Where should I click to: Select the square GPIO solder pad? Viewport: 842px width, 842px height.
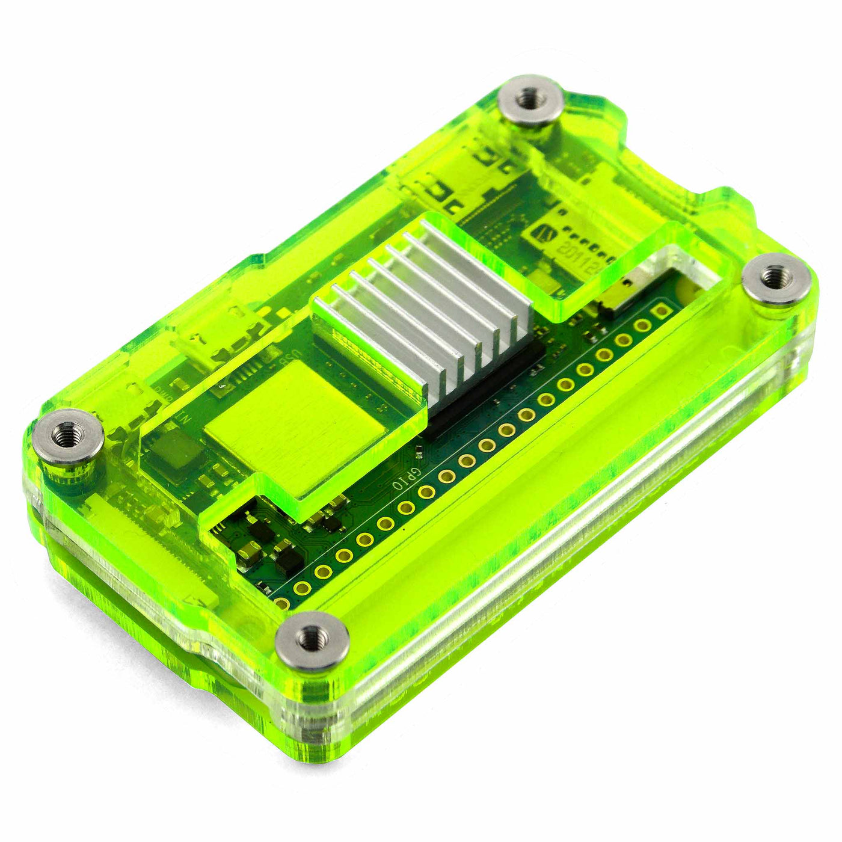662,311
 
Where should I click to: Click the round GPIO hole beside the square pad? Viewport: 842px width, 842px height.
642,325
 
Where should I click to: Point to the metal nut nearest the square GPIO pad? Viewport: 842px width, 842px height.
776,280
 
